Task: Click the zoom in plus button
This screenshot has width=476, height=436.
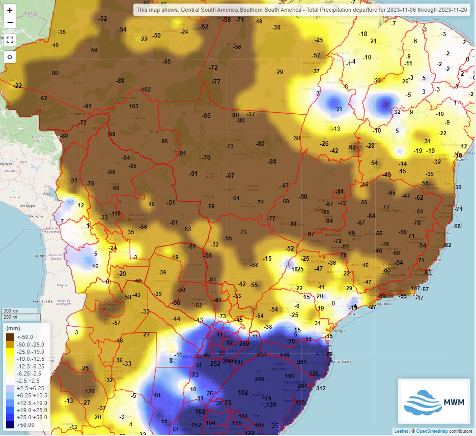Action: point(10,10)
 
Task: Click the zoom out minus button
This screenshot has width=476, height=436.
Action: point(10,22)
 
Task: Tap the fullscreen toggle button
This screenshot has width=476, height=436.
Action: point(10,40)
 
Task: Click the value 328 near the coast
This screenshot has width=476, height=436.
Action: point(314,373)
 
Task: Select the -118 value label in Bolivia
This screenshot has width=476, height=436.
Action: point(116,213)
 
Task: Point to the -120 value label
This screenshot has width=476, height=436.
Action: point(89,391)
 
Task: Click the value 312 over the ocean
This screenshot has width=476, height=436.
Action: point(321,388)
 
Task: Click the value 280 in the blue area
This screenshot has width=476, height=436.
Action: point(259,379)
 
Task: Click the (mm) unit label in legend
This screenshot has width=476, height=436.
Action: point(13,328)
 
